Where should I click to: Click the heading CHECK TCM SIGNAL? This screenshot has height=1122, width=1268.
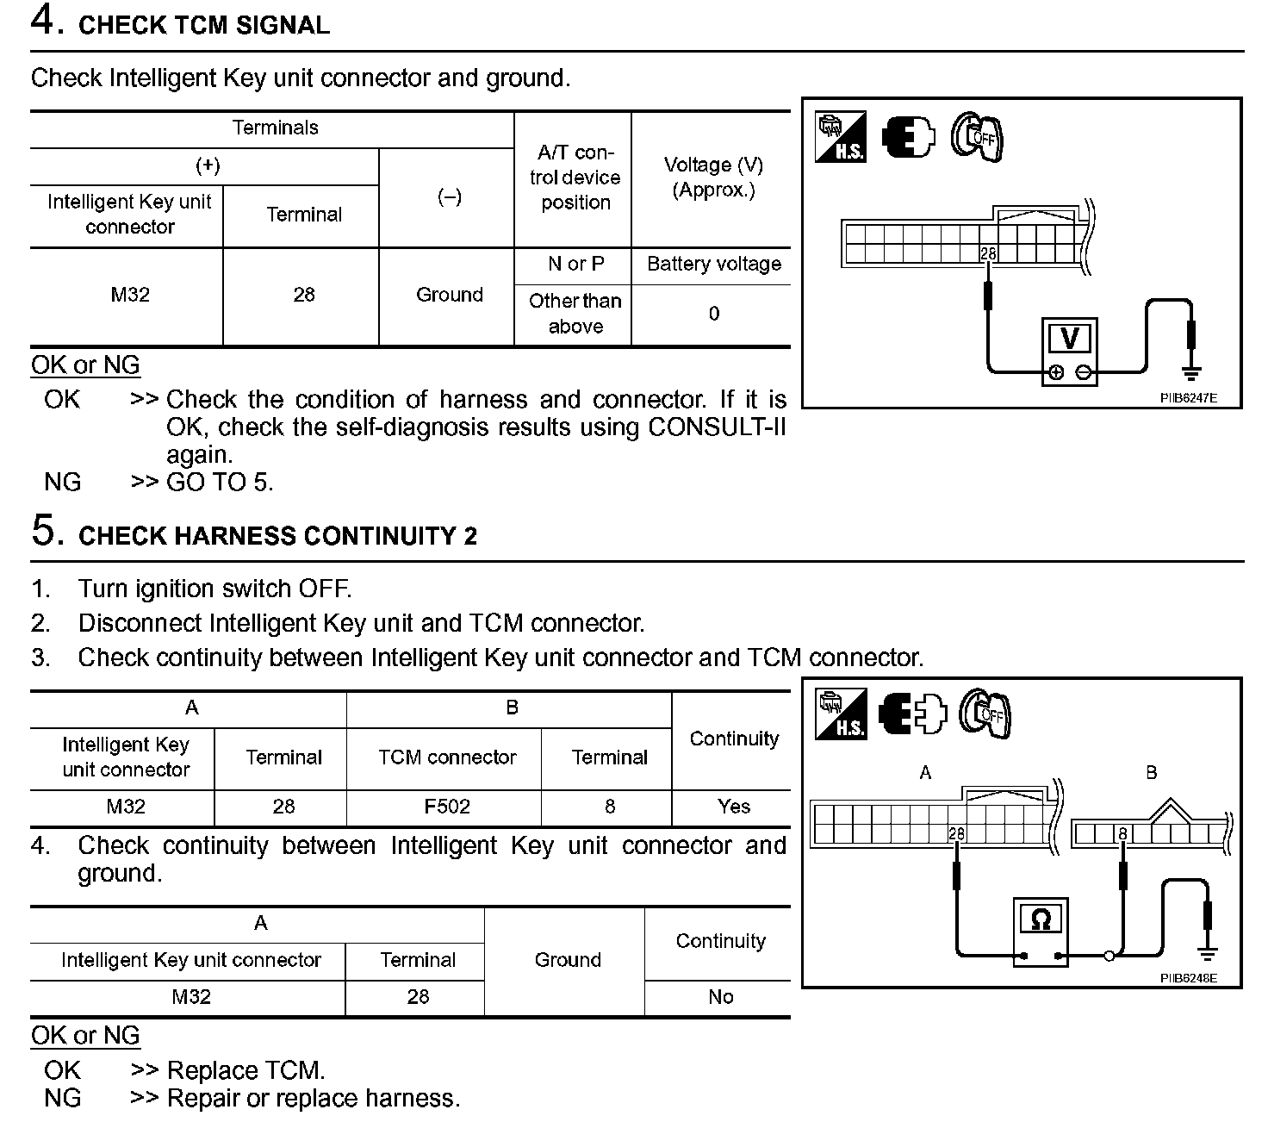(x=203, y=25)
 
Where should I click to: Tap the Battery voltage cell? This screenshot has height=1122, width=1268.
(x=713, y=264)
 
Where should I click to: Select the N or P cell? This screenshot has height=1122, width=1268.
(x=575, y=264)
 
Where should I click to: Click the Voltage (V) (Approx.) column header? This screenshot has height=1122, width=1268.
(x=713, y=178)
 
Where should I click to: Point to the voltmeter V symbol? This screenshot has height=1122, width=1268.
(x=1069, y=339)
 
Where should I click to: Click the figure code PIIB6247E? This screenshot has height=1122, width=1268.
(x=1188, y=399)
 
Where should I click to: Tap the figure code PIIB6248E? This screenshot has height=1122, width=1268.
(x=1188, y=979)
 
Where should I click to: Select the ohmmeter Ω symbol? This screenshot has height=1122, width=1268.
(x=1041, y=920)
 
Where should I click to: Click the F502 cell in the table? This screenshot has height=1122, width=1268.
(x=447, y=807)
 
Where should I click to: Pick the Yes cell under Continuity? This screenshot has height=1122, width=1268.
(x=733, y=807)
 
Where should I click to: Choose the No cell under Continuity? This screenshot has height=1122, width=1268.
(x=720, y=997)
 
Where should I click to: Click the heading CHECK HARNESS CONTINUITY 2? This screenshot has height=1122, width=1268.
(x=277, y=536)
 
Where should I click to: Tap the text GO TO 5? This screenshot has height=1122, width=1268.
(x=220, y=483)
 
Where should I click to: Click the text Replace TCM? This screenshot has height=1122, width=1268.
(x=246, y=1070)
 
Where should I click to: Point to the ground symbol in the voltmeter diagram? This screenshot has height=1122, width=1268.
(x=1191, y=372)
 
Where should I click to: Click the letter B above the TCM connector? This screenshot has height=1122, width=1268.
(x=1151, y=773)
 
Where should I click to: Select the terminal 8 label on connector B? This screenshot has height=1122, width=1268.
(x=1122, y=833)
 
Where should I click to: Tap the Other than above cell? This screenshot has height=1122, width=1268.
(x=575, y=314)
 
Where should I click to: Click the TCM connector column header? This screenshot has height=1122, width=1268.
(x=447, y=757)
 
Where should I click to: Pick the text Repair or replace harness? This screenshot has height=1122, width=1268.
(x=314, y=1098)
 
